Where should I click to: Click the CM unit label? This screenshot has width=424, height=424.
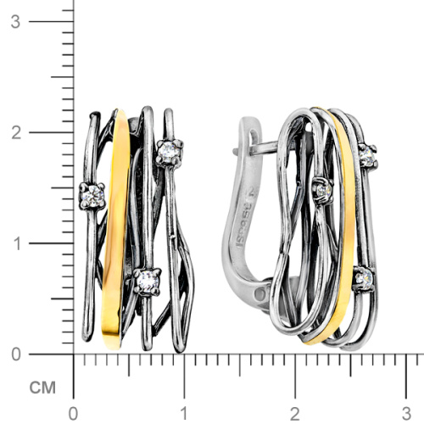coord(40,388)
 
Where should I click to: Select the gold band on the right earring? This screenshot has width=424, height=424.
coord(340,229)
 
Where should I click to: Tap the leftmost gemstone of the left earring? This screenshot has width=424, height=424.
coord(92,197)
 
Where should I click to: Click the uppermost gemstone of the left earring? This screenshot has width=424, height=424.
coord(166,152)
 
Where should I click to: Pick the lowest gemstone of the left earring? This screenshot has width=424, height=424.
coord(147,279)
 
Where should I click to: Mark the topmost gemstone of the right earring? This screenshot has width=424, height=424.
coord(367,155)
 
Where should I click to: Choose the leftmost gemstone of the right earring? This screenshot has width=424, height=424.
coord(321,188)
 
